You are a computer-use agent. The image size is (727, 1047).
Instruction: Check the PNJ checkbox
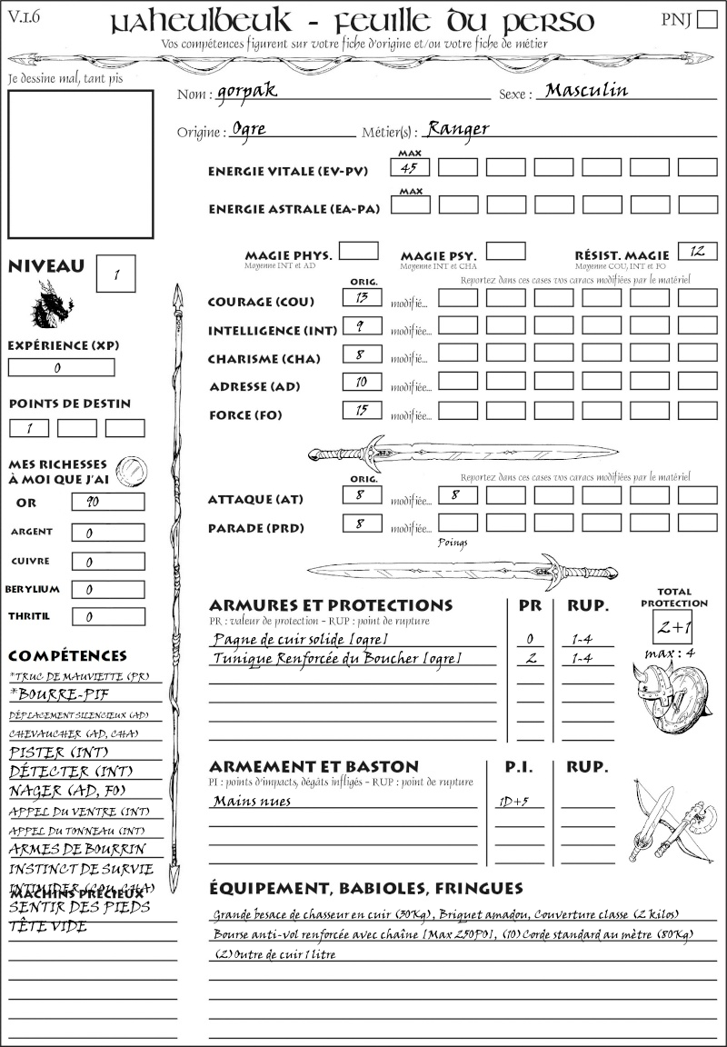point(705,21)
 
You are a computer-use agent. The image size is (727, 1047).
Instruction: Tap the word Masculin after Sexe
point(586,90)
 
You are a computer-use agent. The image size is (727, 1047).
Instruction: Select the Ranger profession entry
point(458,128)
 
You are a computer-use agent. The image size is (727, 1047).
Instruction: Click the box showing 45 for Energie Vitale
point(411,167)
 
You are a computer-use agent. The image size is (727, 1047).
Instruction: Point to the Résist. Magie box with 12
point(697,251)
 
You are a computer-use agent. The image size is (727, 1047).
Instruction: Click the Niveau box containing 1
point(118,274)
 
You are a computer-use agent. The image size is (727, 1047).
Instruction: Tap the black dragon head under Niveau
point(52,304)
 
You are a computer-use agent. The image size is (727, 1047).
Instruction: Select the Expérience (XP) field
point(61,367)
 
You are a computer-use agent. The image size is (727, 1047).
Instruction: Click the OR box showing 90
point(107,502)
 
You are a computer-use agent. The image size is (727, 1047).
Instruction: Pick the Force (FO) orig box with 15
point(362,410)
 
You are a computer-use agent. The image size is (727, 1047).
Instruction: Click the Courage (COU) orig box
point(362,297)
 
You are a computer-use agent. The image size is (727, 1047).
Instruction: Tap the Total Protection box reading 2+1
point(673,627)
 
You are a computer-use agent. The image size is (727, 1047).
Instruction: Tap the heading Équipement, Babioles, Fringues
point(365,887)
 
